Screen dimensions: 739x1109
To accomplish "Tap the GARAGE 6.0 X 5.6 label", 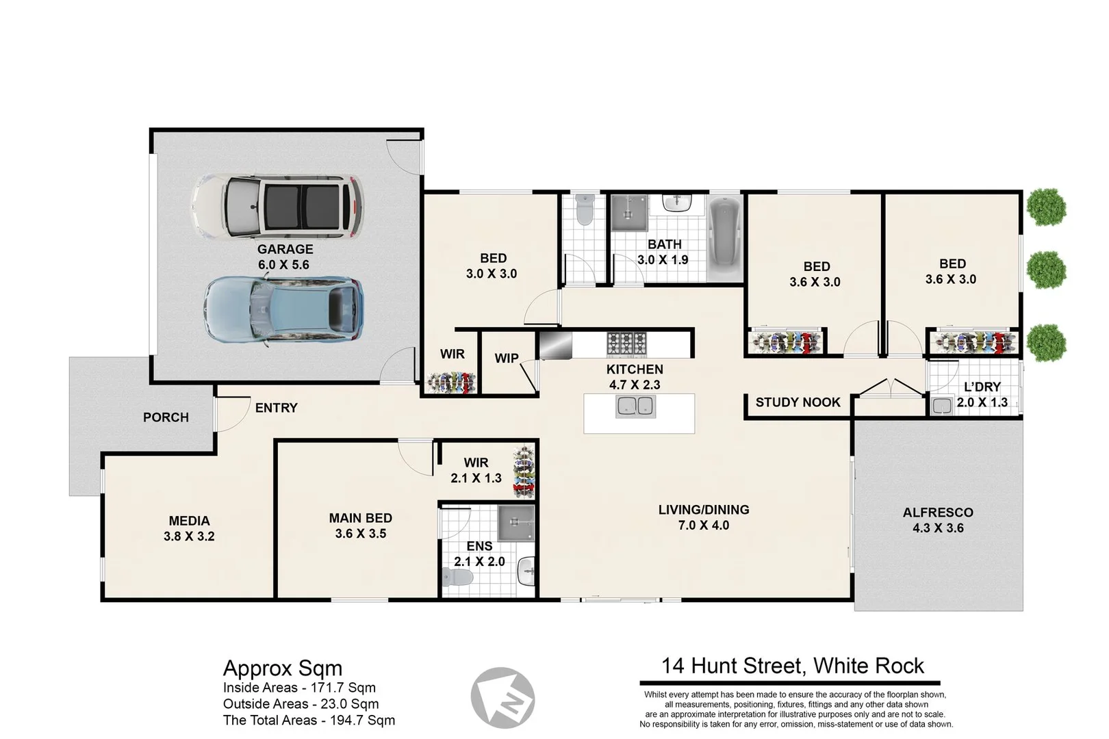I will [x=285, y=257].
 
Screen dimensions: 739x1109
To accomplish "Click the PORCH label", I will [x=166, y=417].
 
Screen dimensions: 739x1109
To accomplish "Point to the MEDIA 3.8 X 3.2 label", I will [x=189, y=528].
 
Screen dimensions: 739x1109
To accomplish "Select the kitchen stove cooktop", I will [x=626, y=343].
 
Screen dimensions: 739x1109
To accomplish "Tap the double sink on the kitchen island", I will [x=636, y=406].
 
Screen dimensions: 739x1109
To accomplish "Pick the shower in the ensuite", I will [x=515, y=524].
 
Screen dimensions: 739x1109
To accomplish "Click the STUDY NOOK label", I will [x=798, y=402].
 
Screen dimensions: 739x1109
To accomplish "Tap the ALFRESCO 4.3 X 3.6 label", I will [x=937, y=520].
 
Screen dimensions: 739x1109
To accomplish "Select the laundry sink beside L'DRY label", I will [x=942, y=406].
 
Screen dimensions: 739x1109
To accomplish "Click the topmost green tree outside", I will [x=1046, y=207].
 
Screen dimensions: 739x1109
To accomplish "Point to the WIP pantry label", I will [x=506, y=359].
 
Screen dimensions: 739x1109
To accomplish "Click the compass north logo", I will [x=502, y=698].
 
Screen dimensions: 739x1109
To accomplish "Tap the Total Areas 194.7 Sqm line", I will [x=309, y=720].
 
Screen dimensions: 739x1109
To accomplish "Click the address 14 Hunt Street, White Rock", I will [x=792, y=666].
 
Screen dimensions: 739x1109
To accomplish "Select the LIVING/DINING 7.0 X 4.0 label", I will [x=703, y=517].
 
